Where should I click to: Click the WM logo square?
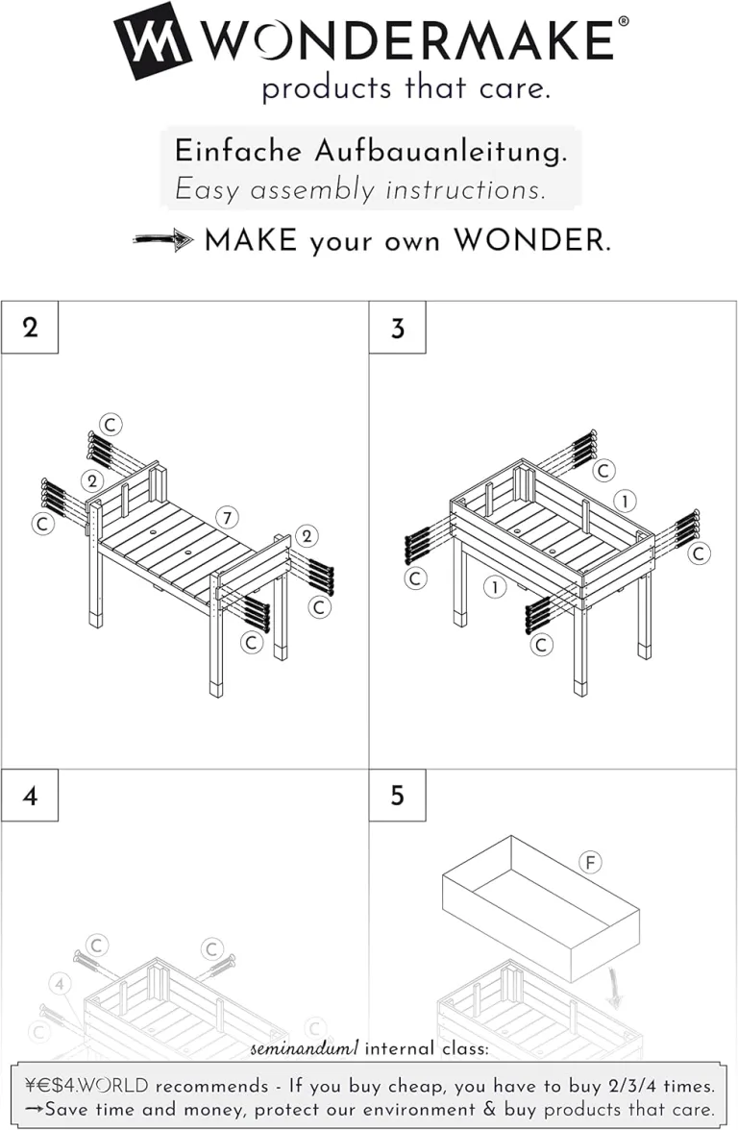point(152,40)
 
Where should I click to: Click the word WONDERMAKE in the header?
point(407,39)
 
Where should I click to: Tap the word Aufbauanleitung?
point(440,153)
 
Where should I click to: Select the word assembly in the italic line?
point(313,191)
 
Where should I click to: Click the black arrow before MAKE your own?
point(163,240)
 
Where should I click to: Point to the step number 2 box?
point(30,328)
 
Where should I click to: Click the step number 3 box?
point(397,328)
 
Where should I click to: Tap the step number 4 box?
point(30,796)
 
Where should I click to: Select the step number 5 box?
point(397,796)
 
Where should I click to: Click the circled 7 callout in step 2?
point(227,517)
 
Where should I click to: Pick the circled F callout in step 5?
point(590,862)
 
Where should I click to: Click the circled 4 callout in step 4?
point(61,984)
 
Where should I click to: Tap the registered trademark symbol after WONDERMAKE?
point(624,21)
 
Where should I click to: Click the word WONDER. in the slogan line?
point(532,240)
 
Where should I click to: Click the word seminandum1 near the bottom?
point(304,1048)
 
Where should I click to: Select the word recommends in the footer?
point(211,1086)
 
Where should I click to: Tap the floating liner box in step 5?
point(540,909)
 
